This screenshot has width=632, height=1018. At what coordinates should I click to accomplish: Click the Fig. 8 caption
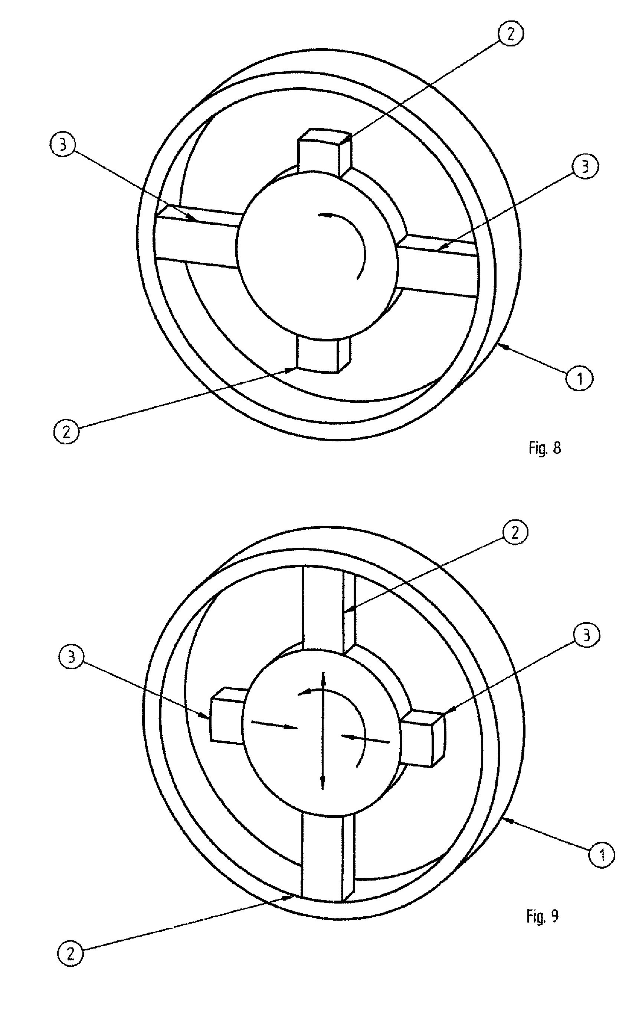coord(544,448)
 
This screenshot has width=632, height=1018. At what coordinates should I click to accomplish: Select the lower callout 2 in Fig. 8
coord(66,431)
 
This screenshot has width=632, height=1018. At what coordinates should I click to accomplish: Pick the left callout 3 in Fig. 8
coord(62,146)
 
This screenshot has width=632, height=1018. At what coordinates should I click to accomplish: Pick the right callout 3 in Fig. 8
coord(585,166)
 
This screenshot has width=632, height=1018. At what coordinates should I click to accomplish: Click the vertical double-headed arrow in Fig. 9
coord(323,730)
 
